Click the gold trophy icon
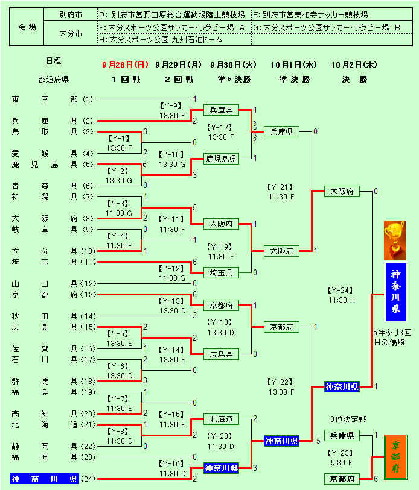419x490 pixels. click(395, 237)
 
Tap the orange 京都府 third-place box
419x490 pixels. click(395, 457)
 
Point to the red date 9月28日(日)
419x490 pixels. click(124, 64)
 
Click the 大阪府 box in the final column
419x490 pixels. click(342, 191)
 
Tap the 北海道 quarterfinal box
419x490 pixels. click(222, 419)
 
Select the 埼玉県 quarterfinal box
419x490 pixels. click(222, 272)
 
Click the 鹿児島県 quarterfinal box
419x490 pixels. click(222, 159)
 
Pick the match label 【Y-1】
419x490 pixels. click(119, 138)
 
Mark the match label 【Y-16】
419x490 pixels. click(172, 463)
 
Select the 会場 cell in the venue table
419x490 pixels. click(27, 27)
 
